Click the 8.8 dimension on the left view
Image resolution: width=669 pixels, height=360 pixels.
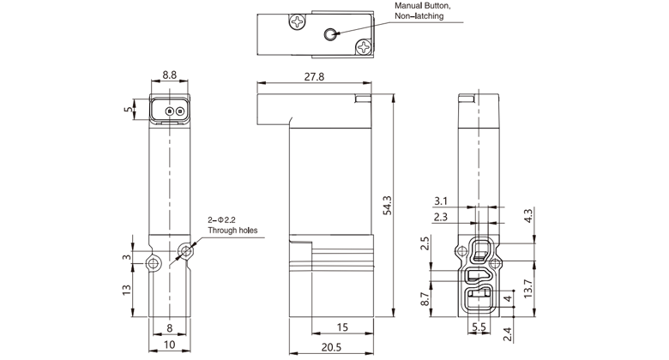click(169, 75)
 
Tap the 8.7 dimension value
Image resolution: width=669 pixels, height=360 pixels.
click(426, 299)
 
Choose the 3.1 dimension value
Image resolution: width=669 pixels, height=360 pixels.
click(440, 202)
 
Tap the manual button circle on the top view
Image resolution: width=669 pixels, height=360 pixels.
click(331, 33)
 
